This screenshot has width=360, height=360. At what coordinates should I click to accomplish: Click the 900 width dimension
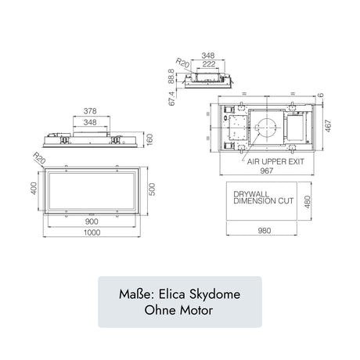coord(91,221)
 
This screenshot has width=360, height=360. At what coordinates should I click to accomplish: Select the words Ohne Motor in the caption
coord(180,309)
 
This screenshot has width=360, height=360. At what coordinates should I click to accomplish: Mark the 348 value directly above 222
coord(207,55)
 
